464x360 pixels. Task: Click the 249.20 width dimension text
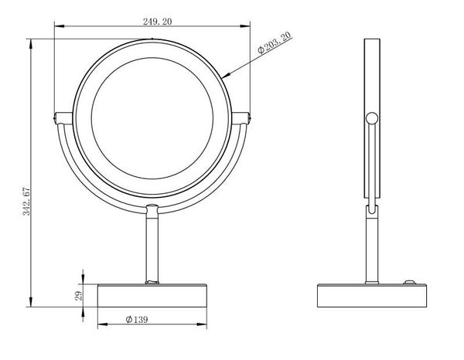click(x=157, y=22)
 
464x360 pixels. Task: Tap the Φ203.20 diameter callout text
click(x=275, y=42)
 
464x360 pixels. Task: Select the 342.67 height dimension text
click(x=26, y=201)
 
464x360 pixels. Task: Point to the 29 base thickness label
click(x=79, y=296)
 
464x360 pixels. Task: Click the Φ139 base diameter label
click(x=136, y=319)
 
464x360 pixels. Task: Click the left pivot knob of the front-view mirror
click(x=63, y=118)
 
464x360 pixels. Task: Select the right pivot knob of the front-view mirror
click(x=241, y=118)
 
